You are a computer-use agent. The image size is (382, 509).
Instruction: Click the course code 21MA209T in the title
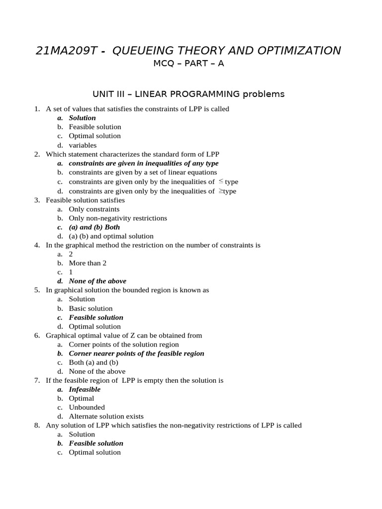tap(64, 51)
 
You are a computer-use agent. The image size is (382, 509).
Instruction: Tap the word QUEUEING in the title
tap(146, 51)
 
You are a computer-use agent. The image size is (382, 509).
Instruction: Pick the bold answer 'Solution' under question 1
tap(82, 118)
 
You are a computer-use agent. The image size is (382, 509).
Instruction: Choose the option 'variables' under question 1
tap(83, 145)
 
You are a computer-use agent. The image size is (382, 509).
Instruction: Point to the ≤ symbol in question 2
tap(221, 181)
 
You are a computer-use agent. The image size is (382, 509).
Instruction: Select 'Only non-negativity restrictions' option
tap(118, 218)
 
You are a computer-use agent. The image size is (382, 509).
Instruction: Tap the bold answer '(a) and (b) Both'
tap(94, 227)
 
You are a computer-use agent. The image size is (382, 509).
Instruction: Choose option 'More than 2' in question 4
tap(88, 263)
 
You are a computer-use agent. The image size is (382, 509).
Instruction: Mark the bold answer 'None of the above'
tap(97, 281)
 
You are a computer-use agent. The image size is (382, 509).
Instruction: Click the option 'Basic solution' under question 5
tap(91, 308)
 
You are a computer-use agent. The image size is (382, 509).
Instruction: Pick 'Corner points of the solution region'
tap(124, 344)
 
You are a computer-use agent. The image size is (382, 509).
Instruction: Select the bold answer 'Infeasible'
tap(85, 389)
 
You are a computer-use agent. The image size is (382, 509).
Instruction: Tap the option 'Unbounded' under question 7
tap(87, 407)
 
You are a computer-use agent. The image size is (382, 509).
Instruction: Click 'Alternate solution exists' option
tap(106, 417)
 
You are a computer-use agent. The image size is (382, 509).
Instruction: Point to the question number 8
tap(37, 425)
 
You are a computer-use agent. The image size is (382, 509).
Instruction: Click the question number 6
tap(37, 336)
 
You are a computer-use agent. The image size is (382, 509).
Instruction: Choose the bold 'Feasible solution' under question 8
tap(96, 443)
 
